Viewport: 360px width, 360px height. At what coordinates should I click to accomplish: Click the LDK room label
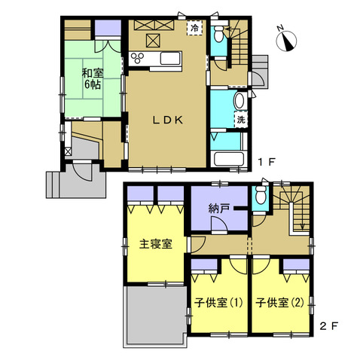168,121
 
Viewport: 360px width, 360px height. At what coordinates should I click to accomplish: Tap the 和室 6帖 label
93,79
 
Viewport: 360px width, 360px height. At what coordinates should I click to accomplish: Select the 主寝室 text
156,244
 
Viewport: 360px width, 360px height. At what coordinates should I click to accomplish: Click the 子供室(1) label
218,303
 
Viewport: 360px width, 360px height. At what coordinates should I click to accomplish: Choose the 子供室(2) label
279,303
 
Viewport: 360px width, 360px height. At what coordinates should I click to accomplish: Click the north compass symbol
286,39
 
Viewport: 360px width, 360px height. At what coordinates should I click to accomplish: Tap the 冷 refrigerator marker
194,28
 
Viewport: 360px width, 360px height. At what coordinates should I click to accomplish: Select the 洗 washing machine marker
241,120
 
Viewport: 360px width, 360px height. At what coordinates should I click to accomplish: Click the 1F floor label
267,162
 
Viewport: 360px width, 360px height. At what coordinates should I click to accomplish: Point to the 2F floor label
329,326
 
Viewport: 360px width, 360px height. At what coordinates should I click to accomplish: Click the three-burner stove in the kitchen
137,58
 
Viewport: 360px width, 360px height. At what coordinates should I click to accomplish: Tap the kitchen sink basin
170,58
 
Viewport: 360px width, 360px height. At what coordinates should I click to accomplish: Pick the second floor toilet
261,195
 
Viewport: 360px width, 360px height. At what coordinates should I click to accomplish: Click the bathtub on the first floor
229,159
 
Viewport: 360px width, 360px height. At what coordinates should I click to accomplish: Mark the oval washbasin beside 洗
240,101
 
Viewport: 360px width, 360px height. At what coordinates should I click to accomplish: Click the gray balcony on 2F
155,316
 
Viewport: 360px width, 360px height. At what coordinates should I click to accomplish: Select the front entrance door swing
82,172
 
